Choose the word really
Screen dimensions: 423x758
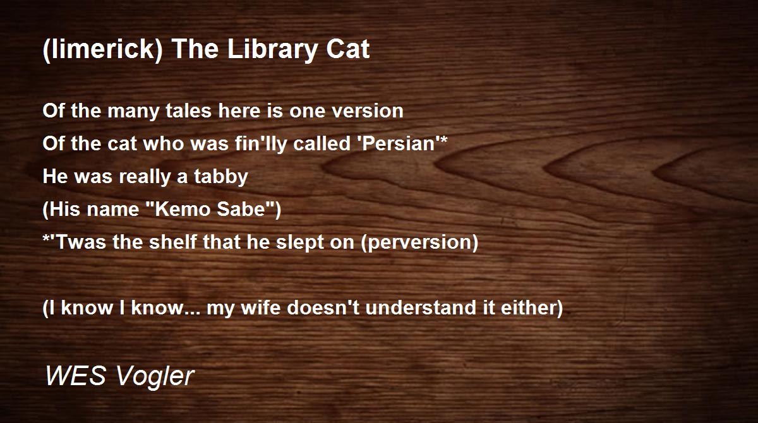click(142, 177)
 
